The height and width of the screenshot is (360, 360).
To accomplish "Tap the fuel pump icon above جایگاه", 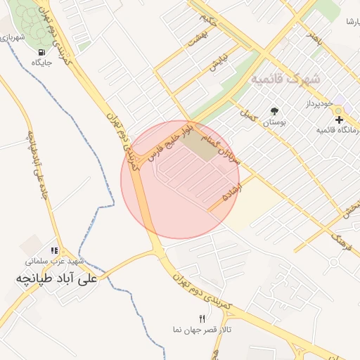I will (42, 52).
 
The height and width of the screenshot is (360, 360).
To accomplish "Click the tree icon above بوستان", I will (274, 111).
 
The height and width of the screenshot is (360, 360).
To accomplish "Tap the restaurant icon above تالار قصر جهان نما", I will (202, 319).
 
